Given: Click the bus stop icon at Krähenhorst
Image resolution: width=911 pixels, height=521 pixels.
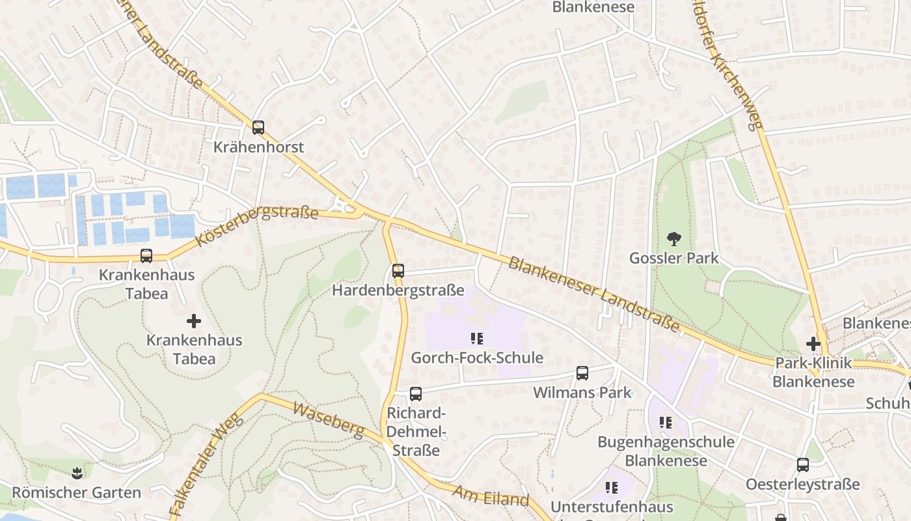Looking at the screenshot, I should click(x=258, y=128).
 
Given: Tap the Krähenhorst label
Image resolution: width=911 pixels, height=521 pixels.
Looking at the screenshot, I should click(x=258, y=147).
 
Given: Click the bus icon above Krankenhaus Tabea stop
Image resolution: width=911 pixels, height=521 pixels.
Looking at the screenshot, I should click(x=146, y=256).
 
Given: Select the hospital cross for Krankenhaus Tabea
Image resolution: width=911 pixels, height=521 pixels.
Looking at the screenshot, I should click(x=193, y=321).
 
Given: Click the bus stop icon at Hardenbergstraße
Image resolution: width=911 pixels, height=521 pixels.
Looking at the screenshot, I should click(x=398, y=271).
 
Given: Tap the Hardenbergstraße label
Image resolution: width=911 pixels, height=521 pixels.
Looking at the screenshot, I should click(x=398, y=290).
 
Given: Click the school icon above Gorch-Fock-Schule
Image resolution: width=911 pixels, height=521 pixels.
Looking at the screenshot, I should click(x=477, y=339).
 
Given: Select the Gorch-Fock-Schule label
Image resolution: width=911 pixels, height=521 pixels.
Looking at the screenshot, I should click(x=477, y=358).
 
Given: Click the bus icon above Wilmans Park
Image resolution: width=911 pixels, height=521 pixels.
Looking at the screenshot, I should click(x=582, y=373).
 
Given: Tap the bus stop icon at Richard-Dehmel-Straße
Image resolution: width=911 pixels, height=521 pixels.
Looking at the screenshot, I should click(x=416, y=394).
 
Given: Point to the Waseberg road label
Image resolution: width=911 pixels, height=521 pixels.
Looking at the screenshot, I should click(x=328, y=420).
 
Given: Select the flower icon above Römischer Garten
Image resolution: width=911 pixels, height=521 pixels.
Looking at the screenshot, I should click(x=77, y=472).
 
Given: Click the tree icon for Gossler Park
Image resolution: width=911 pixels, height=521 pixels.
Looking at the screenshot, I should click(x=674, y=239).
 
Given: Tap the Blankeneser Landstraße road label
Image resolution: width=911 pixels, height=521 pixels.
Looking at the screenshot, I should click(x=593, y=293).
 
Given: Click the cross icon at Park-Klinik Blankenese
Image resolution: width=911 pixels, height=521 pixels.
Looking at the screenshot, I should click(x=813, y=344).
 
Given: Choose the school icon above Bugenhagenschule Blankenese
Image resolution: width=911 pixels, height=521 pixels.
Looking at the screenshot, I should click(x=665, y=423).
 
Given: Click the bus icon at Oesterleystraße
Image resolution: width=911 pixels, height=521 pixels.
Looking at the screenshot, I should click(x=803, y=465).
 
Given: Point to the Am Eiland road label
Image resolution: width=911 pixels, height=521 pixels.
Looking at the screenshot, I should click(x=491, y=496).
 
